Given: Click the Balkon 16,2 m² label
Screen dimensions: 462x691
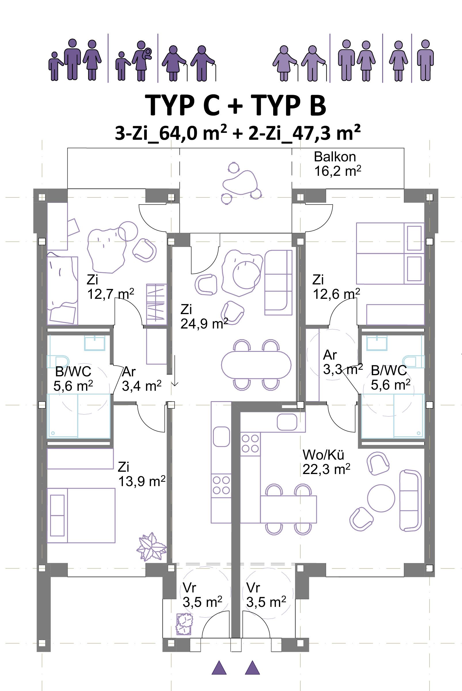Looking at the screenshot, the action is [x=337, y=164].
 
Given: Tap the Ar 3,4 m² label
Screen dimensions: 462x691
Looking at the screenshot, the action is [x=141, y=379].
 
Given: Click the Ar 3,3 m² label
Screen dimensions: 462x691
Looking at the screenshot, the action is [x=343, y=362].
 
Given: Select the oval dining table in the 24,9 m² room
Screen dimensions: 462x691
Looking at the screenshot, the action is [x=256, y=365].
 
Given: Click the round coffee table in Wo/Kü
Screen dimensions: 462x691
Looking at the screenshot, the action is [x=381, y=498].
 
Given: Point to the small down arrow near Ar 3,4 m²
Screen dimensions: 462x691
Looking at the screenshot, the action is [x=175, y=370].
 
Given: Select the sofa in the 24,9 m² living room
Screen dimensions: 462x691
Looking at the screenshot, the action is [x=278, y=282].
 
